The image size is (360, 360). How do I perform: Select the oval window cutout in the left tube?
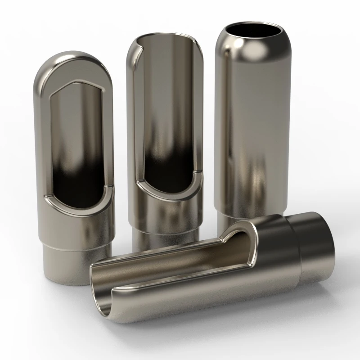click(x=77, y=144)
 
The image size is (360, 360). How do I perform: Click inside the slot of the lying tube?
click(x=180, y=261)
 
